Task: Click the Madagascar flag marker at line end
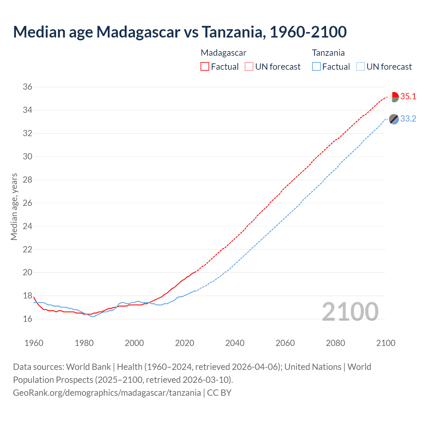pyautogui.click(x=394, y=97)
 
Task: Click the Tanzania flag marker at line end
pyautogui.click(x=394, y=119)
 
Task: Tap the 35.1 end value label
pyautogui.click(x=408, y=97)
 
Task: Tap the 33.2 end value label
pyautogui.click(x=408, y=119)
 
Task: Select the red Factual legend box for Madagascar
pyautogui.click(x=205, y=67)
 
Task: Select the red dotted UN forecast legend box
pyautogui.click(x=249, y=67)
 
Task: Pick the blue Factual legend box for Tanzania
pyautogui.click(x=316, y=67)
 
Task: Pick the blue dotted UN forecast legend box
pyautogui.click(x=361, y=67)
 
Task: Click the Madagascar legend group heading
pyautogui.click(x=223, y=53)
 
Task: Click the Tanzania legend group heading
pyautogui.click(x=328, y=53)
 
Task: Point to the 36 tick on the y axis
pyautogui.click(x=28, y=87)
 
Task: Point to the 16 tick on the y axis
pyautogui.click(x=28, y=319)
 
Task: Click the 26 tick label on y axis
pyautogui.click(x=28, y=203)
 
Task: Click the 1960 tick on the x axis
pyautogui.click(x=34, y=343)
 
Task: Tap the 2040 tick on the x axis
pyautogui.click(x=235, y=343)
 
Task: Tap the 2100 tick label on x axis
pyautogui.click(x=385, y=343)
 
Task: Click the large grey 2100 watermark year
pyautogui.click(x=350, y=311)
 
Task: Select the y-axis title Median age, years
pyautogui.click(x=14, y=207)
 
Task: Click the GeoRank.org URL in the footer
pyautogui.click(x=107, y=393)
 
